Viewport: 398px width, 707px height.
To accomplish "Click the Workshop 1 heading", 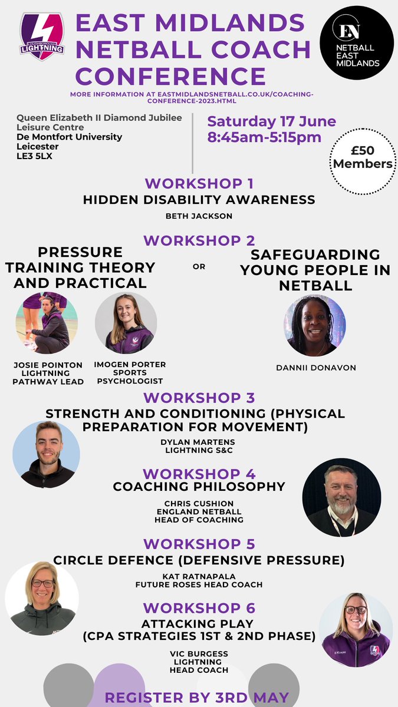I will tap(199, 183).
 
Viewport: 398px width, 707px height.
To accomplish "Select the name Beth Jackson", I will tap(199, 216).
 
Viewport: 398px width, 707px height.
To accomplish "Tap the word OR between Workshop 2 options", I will tap(199, 267).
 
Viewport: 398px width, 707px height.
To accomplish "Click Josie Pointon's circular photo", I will tap(42, 323).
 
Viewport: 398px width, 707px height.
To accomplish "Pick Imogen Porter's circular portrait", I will tap(125, 323).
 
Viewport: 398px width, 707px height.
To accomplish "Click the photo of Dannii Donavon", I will tap(315, 326).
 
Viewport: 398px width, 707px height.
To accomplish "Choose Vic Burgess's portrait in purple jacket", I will tap(356, 629).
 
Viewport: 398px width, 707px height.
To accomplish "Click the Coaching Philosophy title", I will tap(199, 487).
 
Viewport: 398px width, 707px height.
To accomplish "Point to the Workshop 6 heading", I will tap(199, 608).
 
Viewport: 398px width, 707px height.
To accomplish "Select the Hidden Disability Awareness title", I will tap(199, 200).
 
